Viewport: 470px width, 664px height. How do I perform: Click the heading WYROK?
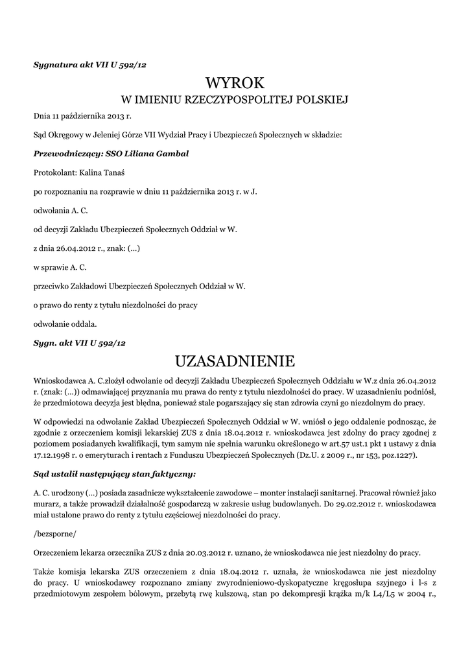pos(235,83)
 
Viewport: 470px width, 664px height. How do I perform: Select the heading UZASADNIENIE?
pos(235,360)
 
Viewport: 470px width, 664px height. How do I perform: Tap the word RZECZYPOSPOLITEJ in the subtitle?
pos(240,101)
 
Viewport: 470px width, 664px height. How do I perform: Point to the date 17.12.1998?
pos(54,456)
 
